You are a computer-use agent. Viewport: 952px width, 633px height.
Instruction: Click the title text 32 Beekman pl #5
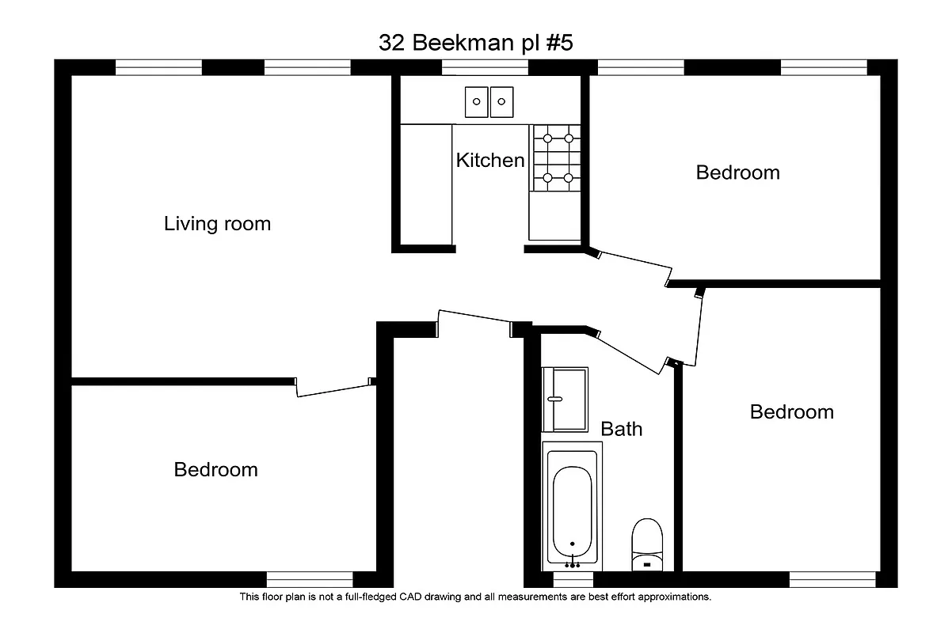tap(475, 43)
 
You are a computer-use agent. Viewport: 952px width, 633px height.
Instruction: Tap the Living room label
tap(217, 224)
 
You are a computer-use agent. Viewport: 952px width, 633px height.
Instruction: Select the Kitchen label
tap(489, 161)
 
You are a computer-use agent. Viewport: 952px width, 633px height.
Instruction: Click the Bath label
tap(622, 430)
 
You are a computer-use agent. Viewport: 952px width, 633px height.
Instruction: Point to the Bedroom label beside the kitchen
tap(737, 172)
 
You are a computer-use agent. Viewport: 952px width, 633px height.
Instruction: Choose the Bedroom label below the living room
tap(215, 470)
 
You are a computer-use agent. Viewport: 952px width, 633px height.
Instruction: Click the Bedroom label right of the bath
tap(791, 412)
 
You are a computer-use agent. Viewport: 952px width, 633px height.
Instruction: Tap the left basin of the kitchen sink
tap(477, 101)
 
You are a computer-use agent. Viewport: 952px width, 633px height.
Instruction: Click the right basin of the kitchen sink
tap(501, 101)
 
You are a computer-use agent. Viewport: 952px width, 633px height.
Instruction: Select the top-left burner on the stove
tap(546, 138)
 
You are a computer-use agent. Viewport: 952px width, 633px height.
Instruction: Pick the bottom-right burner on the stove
tap(569, 177)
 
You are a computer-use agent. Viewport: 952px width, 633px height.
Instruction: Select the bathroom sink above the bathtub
tap(564, 399)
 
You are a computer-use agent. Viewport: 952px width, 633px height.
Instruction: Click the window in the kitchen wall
tap(486, 67)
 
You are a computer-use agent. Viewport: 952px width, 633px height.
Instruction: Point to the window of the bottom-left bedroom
tap(309, 579)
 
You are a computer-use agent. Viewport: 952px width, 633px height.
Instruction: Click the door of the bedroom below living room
tap(333, 389)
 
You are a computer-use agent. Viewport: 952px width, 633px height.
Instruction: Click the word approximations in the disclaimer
tap(672, 597)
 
